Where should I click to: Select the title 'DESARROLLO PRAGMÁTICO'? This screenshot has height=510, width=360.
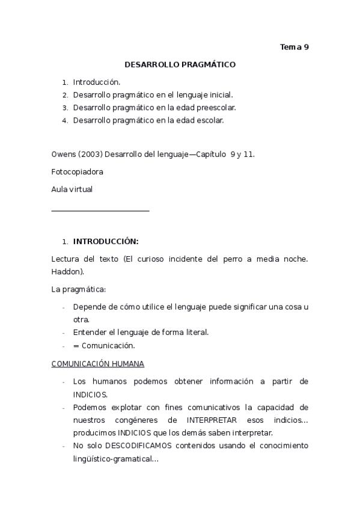coord(180,64)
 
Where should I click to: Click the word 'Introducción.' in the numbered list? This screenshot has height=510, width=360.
coord(97,82)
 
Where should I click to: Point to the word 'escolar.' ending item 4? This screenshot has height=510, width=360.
coord(209,120)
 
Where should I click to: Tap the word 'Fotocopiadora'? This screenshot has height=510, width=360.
coord(78,171)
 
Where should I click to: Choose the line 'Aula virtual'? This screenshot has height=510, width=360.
coord(72,189)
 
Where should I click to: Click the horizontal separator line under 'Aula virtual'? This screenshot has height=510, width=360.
coord(100,210)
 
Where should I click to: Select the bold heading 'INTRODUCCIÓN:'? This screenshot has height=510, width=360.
coord(106,242)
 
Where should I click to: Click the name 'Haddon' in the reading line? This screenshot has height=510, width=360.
coord(66,271)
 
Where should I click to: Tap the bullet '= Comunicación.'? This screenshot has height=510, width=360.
coord(104,346)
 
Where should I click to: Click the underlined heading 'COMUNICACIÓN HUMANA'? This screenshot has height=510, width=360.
coord(98,364)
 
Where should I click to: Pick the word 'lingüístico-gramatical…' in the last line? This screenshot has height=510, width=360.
coord(116,459)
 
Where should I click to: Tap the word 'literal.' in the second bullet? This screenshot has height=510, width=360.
coord(195,333)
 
